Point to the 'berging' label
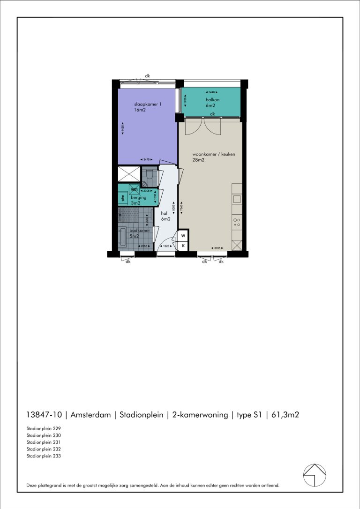click(139, 198)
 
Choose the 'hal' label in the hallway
click(165, 212)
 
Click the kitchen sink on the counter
click(237, 199)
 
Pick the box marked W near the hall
click(183, 235)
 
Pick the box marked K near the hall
click(183, 245)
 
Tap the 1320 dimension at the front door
click(165, 246)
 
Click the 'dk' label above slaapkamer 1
click(147, 75)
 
